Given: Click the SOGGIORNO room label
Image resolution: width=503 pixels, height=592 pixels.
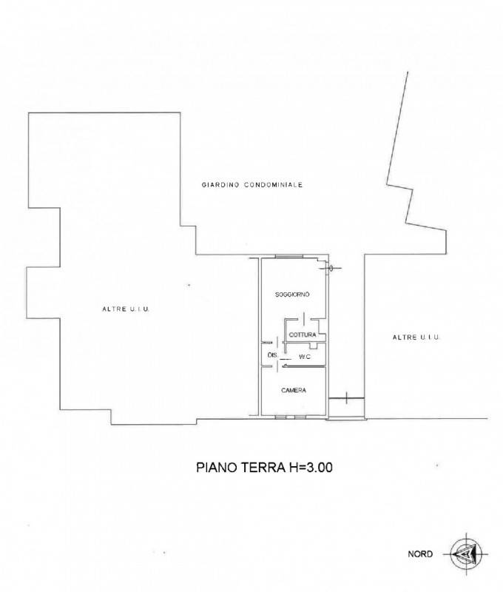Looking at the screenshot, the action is (x=292, y=295).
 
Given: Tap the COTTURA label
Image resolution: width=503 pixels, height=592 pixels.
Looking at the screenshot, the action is (x=303, y=335).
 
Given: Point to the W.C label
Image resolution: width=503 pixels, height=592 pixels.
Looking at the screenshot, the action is (x=305, y=357).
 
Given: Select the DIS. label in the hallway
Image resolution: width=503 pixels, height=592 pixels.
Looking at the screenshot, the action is (x=272, y=355).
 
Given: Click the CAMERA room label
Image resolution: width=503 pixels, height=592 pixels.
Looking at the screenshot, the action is (x=294, y=391).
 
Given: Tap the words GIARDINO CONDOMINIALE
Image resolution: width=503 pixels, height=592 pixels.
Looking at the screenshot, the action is (x=252, y=185).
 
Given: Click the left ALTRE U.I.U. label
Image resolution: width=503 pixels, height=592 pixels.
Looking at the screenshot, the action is (x=126, y=309).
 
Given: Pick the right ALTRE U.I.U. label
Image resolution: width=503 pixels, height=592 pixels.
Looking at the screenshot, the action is (x=416, y=337).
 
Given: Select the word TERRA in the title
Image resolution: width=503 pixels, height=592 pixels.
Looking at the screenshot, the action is (x=263, y=468).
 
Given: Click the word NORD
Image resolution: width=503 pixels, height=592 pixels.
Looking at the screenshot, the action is (x=420, y=554).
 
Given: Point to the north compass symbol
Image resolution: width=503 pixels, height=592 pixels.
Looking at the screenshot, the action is (x=467, y=554).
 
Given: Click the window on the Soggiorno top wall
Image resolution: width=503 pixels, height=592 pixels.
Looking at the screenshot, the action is (x=289, y=257).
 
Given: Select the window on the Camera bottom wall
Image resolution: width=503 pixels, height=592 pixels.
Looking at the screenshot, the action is (x=290, y=417).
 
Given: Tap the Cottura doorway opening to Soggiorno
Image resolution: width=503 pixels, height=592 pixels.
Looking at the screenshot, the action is (x=304, y=320).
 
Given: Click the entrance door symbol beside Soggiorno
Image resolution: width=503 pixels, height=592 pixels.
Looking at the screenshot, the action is (x=330, y=269).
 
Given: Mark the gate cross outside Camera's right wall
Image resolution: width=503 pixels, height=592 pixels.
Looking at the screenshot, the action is (x=346, y=398).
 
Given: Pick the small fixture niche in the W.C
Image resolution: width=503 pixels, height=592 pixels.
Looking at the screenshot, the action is (x=313, y=346).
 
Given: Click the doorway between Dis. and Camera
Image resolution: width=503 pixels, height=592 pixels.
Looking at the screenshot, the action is (x=277, y=366).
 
